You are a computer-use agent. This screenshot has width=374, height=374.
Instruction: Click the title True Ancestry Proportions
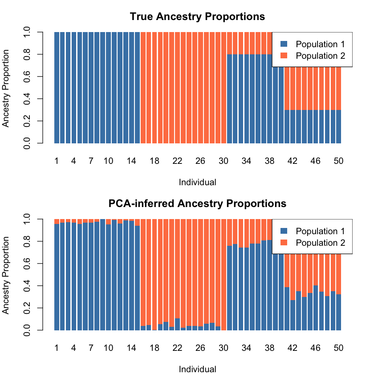(x=197, y=17)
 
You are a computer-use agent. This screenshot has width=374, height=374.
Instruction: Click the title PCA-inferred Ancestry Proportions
(x=197, y=204)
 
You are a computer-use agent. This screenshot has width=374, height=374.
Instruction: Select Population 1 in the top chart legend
(x=320, y=44)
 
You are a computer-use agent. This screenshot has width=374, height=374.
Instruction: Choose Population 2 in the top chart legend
(x=320, y=56)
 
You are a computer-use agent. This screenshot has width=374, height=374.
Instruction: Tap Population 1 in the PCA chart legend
(x=320, y=231)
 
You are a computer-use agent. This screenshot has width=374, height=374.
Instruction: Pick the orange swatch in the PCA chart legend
(x=284, y=243)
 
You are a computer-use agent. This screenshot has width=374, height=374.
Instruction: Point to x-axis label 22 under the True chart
(x=177, y=161)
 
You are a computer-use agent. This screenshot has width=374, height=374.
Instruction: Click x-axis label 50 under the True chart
(x=338, y=161)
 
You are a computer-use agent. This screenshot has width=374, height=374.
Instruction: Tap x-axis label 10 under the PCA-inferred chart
(x=108, y=348)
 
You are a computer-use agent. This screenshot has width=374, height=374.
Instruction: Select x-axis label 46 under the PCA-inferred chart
(x=315, y=348)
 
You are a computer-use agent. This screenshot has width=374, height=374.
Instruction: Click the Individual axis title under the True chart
(x=197, y=182)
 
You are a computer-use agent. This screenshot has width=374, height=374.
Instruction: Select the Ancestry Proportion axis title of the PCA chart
(x=6, y=275)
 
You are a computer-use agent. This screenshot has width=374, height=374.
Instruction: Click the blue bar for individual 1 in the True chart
(x=57, y=89)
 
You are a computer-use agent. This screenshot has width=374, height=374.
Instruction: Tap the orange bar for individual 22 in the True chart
(x=177, y=89)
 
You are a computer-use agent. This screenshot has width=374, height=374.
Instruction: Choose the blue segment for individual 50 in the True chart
(x=338, y=127)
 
